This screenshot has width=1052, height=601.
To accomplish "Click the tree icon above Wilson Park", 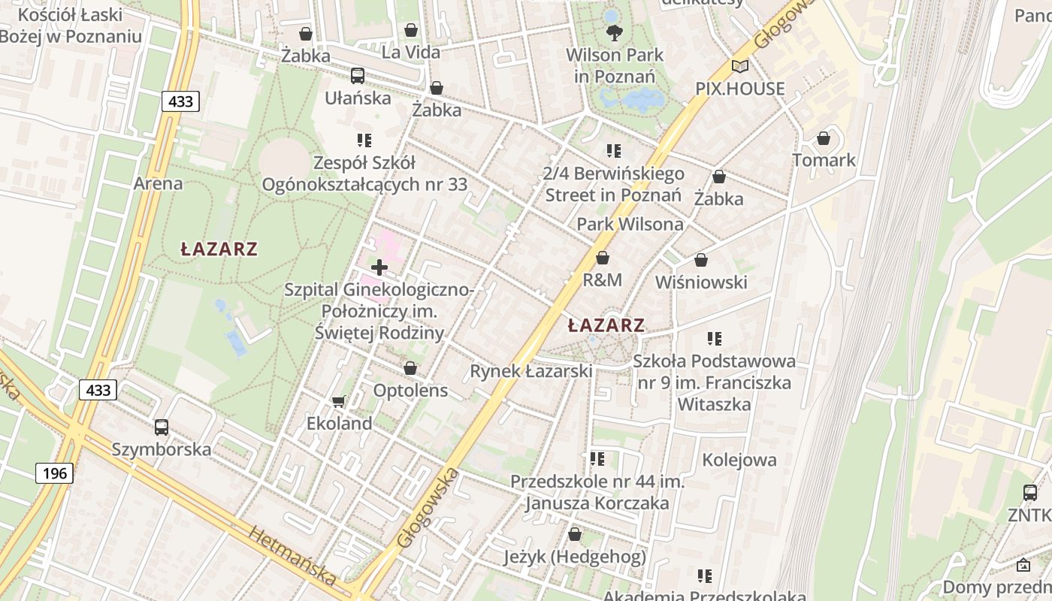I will pyautogui.click(x=615, y=32).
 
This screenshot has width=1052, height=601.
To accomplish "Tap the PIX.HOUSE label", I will pyautogui.click(x=739, y=89).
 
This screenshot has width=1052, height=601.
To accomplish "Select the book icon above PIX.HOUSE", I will pyautogui.click(x=740, y=66).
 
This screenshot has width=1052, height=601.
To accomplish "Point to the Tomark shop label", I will pyautogui.click(x=824, y=160).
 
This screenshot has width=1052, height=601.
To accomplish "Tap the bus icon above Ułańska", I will pyautogui.click(x=358, y=76).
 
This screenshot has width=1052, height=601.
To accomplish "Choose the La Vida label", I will pyautogui.click(x=411, y=53).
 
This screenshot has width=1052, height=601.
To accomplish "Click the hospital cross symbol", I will pyautogui.click(x=379, y=267).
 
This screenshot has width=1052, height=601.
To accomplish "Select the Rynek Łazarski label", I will pyautogui.click(x=531, y=371).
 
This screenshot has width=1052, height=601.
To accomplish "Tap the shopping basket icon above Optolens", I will pyautogui.click(x=410, y=368).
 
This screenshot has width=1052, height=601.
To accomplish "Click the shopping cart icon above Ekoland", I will pyautogui.click(x=339, y=401).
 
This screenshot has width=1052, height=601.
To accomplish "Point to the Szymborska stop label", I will pyautogui.click(x=162, y=450).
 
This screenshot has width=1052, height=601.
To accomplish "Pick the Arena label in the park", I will pyautogui.click(x=158, y=183).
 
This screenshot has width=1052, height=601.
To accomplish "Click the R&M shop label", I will pyautogui.click(x=603, y=280).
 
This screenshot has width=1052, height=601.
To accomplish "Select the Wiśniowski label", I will pyautogui.click(x=701, y=282).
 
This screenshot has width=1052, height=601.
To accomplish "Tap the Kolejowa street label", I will pyautogui.click(x=739, y=460).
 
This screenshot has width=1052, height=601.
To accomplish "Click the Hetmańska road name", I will pyautogui.click(x=292, y=557).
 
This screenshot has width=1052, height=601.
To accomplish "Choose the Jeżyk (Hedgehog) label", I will pyautogui.click(x=575, y=557).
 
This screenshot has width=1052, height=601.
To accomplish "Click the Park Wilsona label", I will pyautogui.click(x=630, y=225).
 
